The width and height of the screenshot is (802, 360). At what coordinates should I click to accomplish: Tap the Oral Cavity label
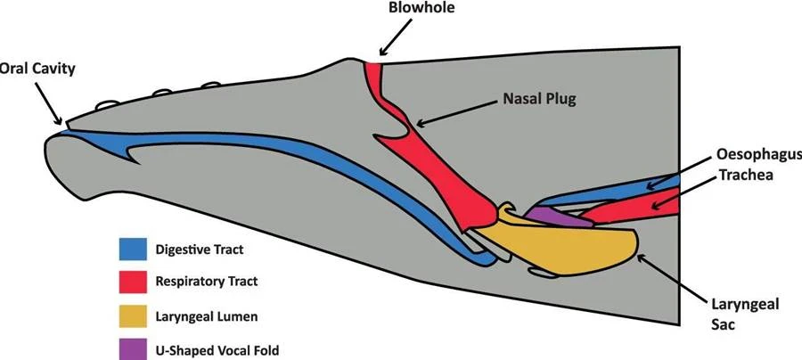point(37,69)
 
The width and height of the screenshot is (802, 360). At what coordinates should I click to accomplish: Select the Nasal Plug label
point(540,99)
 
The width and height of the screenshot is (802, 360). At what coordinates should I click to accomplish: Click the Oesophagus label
point(758,155)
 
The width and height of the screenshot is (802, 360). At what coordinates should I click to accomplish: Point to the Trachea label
point(746,175)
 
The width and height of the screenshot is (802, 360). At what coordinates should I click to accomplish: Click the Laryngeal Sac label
point(745,314)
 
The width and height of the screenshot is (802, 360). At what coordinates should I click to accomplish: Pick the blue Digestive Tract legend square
point(133,249)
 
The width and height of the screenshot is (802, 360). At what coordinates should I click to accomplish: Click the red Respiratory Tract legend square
point(133,282)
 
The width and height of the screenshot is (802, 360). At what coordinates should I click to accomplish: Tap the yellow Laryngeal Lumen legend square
point(133,315)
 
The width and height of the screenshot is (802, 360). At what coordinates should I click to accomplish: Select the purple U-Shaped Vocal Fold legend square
point(133,348)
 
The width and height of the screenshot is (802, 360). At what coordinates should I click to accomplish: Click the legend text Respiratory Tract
point(206,282)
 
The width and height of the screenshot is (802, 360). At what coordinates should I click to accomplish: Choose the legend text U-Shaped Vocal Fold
point(217,351)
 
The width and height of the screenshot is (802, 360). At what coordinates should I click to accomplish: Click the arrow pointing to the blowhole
point(396,37)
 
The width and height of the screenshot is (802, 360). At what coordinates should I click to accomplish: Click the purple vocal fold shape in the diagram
point(558,217)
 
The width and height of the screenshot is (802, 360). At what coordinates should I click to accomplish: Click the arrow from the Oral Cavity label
point(49,104)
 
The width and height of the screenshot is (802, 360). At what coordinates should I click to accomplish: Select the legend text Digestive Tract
point(200,250)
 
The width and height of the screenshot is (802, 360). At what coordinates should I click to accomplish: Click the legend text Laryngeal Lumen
point(206,317)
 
